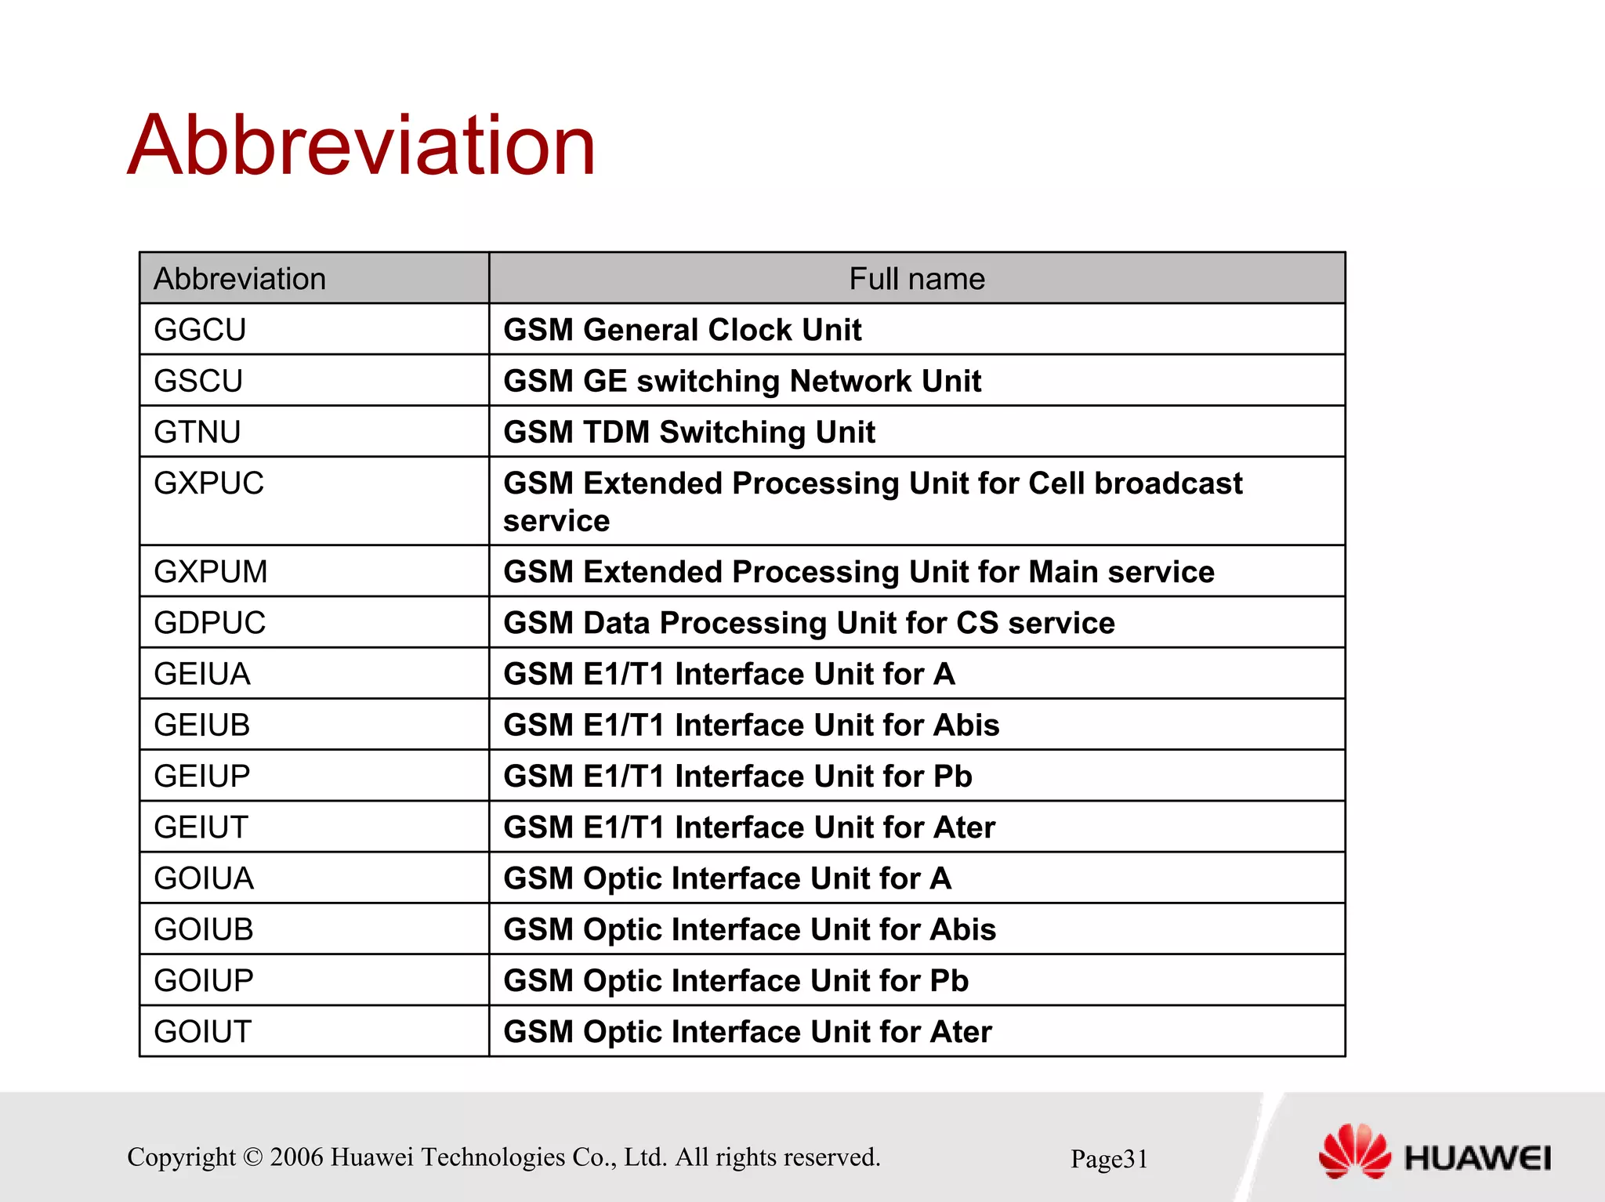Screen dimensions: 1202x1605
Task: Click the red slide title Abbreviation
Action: (x=361, y=146)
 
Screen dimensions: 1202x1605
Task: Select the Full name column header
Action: (x=916, y=279)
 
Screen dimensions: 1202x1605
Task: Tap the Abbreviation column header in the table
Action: (x=240, y=279)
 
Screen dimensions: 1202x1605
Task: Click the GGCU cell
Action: (x=200, y=330)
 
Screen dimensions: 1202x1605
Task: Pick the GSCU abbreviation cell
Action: (x=198, y=381)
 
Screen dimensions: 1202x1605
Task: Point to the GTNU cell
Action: (x=197, y=432)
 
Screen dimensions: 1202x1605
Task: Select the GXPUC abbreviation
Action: (x=208, y=483)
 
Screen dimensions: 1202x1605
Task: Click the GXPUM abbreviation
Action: (x=210, y=572)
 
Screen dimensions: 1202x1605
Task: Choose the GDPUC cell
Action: (x=209, y=623)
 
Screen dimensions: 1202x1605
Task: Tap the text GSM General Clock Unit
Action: (x=682, y=330)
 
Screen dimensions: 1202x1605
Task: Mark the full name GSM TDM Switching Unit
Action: (x=689, y=432)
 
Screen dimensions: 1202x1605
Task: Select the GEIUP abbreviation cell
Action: (x=201, y=776)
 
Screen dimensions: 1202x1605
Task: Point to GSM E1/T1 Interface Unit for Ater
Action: (x=748, y=827)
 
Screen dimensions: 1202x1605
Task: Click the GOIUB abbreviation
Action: (x=204, y=929)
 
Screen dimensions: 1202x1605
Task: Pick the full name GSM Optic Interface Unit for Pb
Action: (x=735, y=980)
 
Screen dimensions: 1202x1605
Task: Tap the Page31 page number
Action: (x=1108, y=1159)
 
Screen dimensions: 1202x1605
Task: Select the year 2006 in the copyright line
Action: (x=296, y=1157)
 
